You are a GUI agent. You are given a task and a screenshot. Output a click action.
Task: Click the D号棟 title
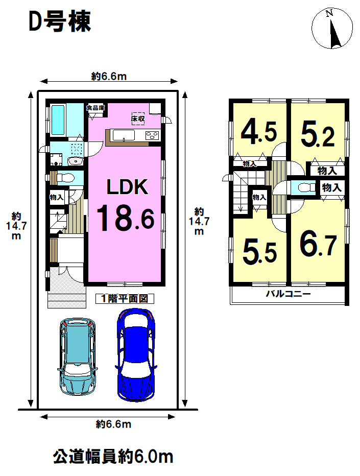coord(60,21)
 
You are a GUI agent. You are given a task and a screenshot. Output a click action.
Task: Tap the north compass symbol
coord(332,28)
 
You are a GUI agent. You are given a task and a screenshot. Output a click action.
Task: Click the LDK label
coord(127,187)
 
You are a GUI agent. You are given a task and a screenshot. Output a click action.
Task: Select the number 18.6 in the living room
coord(126,218)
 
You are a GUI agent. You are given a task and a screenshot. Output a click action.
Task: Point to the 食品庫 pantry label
coord(95,108)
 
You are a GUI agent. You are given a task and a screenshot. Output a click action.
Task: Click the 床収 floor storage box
coord(138,118)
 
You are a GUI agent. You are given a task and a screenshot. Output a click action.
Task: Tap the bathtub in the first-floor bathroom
coord(58,120)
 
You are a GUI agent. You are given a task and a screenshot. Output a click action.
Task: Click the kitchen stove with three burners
coord(152,135)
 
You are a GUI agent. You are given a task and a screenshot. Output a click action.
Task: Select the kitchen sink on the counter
coord(124,135)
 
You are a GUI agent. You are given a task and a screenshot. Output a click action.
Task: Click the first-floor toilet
coord(65,178)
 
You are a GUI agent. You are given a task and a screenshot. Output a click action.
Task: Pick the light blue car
coord(78,356)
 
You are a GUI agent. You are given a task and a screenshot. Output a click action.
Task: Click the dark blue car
coord(136,355)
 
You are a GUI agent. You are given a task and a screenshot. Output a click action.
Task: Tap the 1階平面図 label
coord(125,299)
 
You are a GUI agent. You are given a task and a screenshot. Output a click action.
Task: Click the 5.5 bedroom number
coord(260,251)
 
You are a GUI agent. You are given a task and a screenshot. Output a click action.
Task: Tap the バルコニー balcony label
coord(289,294)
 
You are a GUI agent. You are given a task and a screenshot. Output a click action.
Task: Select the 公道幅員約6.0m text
coord(113,456)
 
